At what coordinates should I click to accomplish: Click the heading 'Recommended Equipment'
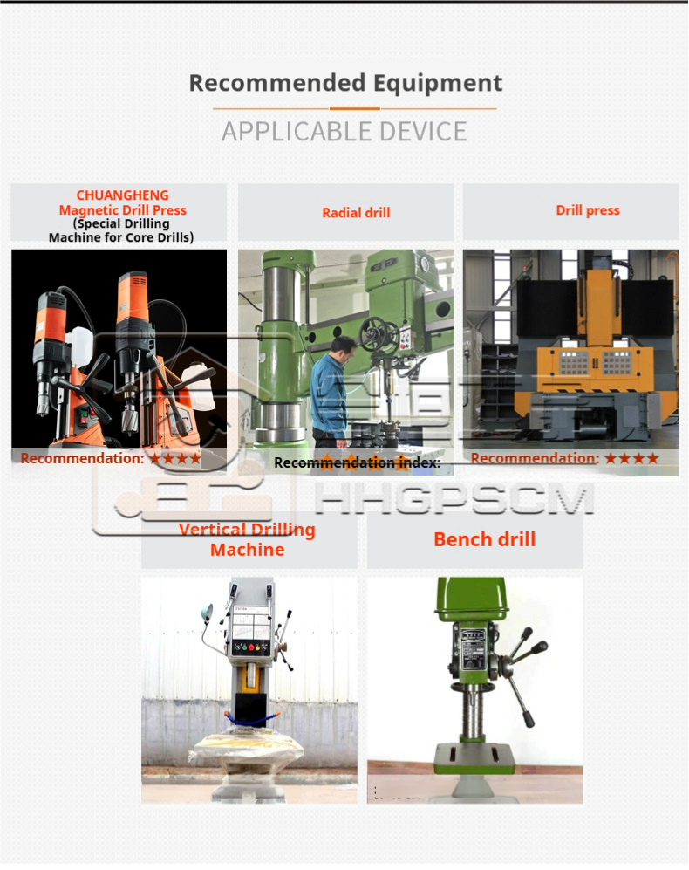coord(345,83)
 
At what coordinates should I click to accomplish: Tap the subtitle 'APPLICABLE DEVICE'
coord(344,132)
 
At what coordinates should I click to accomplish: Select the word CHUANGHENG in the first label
coord(123,195)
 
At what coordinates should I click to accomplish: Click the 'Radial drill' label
coord(356,213)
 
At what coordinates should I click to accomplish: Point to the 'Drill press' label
coord(588,210)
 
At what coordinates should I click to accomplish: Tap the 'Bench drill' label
coord(484,539)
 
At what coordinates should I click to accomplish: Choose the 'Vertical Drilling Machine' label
coord(248,539)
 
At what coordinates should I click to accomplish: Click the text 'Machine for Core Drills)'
coord(121,237)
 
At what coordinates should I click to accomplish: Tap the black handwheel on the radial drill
coord(376,334)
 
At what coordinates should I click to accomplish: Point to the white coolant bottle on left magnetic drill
coord(78,346)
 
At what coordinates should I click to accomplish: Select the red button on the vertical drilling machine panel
coord(251,647)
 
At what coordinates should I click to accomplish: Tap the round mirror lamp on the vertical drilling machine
coord(207,612)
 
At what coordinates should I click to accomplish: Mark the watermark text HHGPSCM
coord(454,497)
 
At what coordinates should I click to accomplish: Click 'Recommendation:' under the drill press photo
coord(535,458)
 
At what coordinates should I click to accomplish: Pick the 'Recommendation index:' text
coord(358,462)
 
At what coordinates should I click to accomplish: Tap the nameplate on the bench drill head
coord(472,653)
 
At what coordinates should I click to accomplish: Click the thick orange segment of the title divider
coord(354,109)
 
